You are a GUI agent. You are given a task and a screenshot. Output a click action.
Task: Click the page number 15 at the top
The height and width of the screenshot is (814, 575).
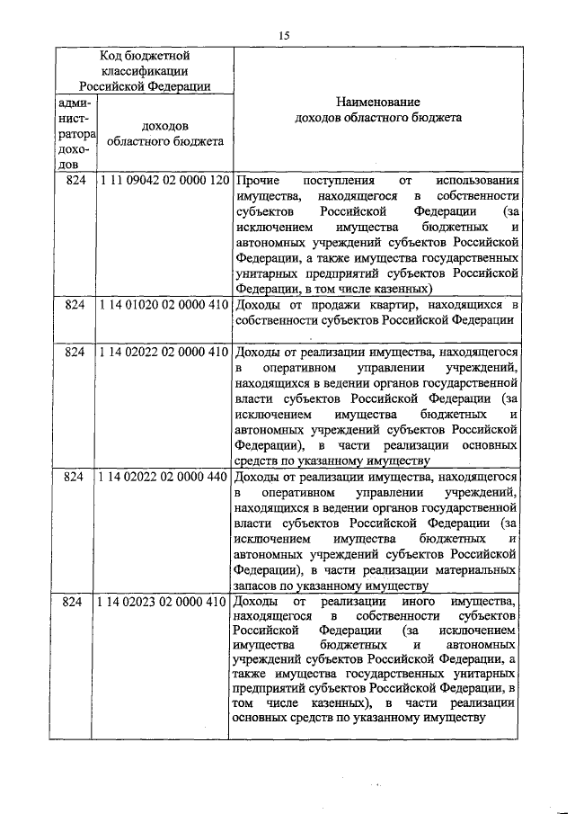pyautogui.click(x=283, y=35)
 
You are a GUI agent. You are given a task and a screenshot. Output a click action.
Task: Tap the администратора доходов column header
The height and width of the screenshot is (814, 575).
pyautogui.click(x=73, y=134)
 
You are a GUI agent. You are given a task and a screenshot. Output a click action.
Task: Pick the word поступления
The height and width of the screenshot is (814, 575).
pyautogui.click(x=334, y=180)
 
